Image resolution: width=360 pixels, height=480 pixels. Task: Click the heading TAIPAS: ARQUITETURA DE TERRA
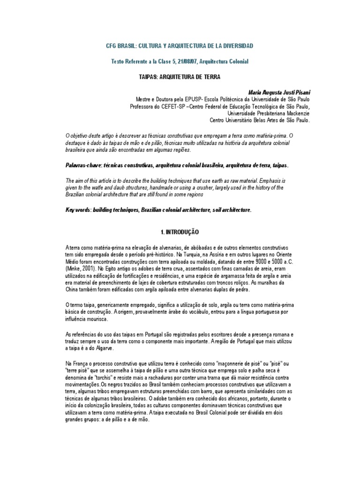[180, 77]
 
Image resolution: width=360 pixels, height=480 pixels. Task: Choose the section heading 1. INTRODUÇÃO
[180, 232]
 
